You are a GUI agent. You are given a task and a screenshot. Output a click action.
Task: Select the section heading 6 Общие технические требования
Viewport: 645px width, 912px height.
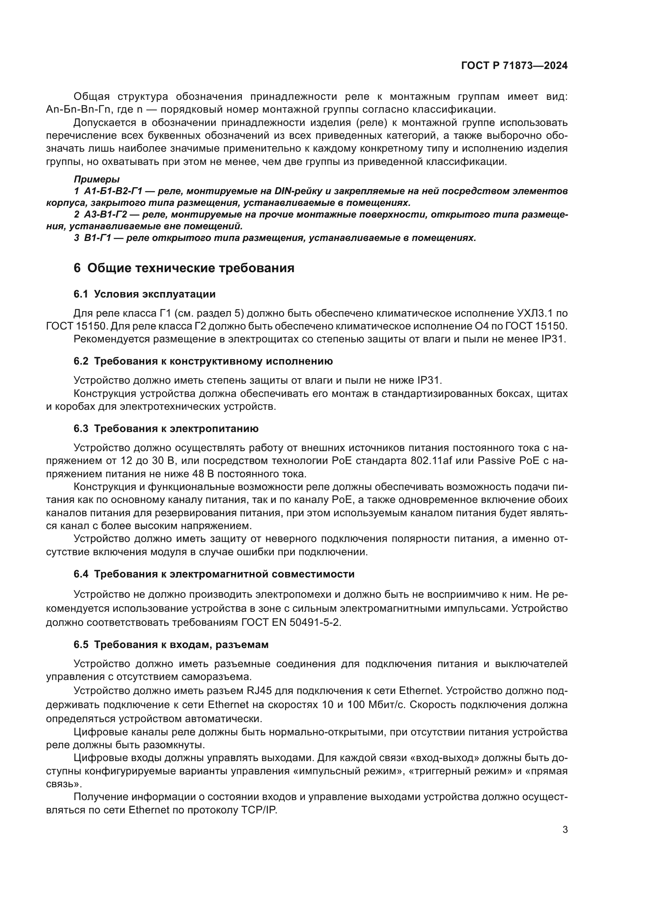coord(184,268)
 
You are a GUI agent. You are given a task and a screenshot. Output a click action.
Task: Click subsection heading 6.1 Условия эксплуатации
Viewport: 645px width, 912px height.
coord(145,294)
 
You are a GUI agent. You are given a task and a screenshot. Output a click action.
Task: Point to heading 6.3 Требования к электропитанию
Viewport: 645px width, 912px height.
coord(166,429)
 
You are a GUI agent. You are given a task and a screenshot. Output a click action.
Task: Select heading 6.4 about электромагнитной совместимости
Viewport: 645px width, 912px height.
coord(214,574)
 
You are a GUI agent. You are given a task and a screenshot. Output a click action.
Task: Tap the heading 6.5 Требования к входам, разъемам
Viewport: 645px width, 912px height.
coord(171,645)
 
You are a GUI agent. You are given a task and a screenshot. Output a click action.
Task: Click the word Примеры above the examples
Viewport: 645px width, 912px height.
coord(96,179)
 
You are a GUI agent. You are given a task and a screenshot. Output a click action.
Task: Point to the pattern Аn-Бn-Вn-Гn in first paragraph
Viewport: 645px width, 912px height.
coord(78,109)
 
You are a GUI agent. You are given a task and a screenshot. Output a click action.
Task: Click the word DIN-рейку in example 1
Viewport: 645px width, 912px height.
coord(299,191)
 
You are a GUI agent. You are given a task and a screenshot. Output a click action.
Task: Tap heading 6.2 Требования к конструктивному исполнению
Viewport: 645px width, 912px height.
coord(203,361)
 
